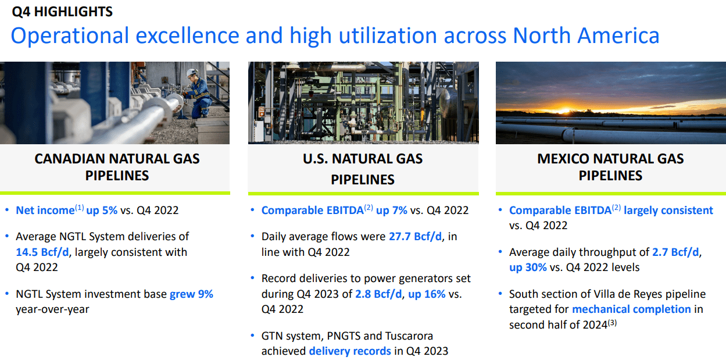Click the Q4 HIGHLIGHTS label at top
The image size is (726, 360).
[x=62, y=12]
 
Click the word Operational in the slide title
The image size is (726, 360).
[x=69, y=36]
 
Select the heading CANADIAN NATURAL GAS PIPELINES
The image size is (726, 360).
[x=117, y=167]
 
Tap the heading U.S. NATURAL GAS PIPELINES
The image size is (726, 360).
[x=363, y=169]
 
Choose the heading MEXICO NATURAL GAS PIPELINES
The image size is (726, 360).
[x=610, y=167]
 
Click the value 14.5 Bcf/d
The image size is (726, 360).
[x=43, y=252]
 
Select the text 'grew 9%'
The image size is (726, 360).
[x=191, y=294]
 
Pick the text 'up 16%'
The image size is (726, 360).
[x=427, y=294]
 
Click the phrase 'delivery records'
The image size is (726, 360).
[x=350, y=351]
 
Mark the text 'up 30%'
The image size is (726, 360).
[x=528, y=268]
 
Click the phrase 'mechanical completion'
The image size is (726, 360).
[x=631, y=309]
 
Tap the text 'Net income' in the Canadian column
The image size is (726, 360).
[x=44, y=211]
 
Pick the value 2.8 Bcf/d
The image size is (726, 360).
[x=378, y=294]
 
